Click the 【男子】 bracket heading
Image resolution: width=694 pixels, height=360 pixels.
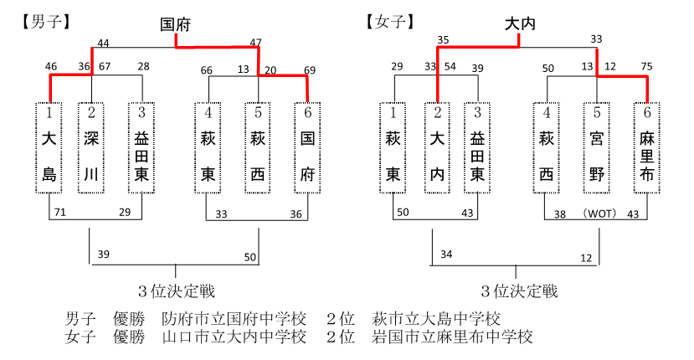coord(45,22)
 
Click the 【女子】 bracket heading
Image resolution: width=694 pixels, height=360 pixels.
coord(390,22)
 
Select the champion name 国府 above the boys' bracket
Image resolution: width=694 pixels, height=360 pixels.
coord(175,25)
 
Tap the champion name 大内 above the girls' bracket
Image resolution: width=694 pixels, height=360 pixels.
coord(520,24)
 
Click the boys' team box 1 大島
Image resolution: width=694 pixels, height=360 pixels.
coord(49,148)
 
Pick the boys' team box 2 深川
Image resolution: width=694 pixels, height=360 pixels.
coord(91,148)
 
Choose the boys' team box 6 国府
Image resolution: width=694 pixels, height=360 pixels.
coord(307,148)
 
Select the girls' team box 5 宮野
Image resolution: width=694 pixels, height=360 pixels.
coord(597,148)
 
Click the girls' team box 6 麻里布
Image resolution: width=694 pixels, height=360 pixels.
coord(646,148)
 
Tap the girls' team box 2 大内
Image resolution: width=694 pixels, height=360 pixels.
coord(437,148)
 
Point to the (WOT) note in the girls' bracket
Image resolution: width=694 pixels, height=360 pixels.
coord(599,213)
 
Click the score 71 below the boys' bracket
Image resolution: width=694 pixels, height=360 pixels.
coord(59,212)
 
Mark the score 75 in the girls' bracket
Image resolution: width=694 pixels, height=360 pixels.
coord(646,66)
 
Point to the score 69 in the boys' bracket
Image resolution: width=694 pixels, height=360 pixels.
coord(310,70)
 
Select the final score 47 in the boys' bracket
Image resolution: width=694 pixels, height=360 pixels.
coord(256,43)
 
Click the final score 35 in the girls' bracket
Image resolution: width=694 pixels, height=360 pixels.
coord(443,40)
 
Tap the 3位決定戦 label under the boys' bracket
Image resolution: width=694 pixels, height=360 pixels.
coord(176,291)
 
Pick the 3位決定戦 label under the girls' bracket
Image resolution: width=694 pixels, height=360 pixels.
coord(519,291)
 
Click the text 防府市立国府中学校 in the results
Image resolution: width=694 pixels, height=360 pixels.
coord(234,319)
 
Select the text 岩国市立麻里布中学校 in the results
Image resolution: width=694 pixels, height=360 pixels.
coord(451,337)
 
